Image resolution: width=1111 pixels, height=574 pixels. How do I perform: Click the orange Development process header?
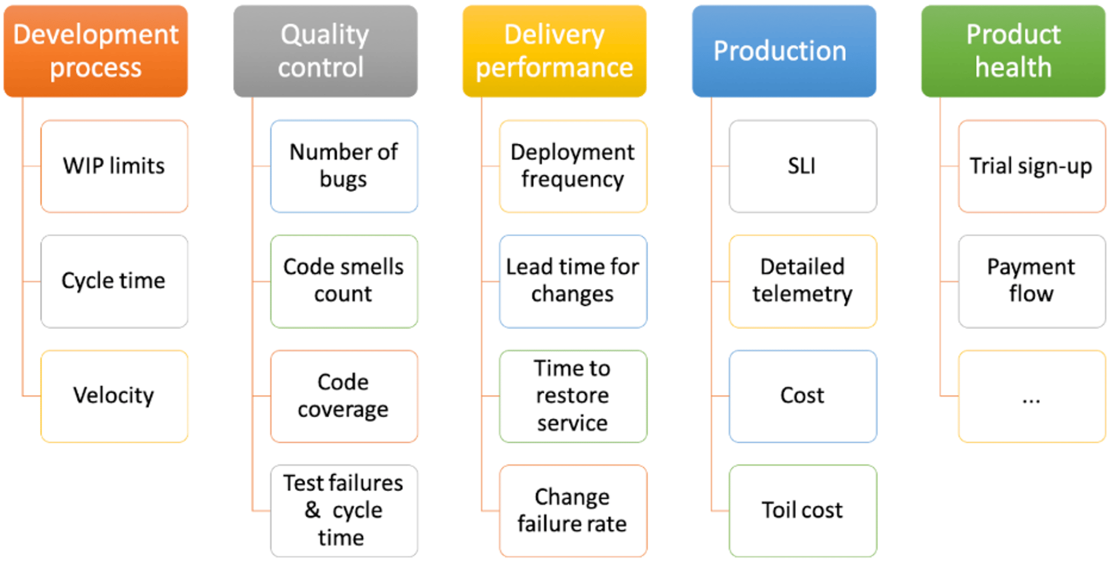click(95, 51)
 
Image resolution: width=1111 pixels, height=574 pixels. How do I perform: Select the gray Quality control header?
click(325, 51)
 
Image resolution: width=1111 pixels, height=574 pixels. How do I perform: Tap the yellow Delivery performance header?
click(554, 51)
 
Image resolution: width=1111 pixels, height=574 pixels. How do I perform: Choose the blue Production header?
click(783, 51)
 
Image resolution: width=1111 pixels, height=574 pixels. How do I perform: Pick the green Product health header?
click(1013, 51)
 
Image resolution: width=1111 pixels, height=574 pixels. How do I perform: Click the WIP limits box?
click(114, 166)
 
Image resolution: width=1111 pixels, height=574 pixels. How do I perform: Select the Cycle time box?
click(114, 281)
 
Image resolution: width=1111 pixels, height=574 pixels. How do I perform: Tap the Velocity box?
click(114, 396)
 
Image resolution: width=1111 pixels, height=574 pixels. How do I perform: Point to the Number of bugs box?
click(344, 166)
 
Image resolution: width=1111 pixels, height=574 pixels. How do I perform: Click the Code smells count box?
click(344, 281)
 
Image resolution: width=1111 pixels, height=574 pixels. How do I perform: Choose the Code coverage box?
click(344, 396)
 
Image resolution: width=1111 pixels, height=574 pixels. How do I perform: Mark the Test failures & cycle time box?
click(344, 510)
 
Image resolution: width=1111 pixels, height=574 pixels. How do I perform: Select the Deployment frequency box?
click(573, 166)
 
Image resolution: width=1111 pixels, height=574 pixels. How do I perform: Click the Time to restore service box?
click(573, 396)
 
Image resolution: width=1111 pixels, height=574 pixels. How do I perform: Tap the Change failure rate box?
click(573, 510)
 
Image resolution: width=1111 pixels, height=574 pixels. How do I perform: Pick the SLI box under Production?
click(803, 166)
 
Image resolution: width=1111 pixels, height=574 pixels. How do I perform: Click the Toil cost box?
click(803, 510)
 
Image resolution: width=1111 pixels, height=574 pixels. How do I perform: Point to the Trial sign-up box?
click(1031, 166)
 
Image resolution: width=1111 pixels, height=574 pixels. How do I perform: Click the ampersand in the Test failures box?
click(312, 510)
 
